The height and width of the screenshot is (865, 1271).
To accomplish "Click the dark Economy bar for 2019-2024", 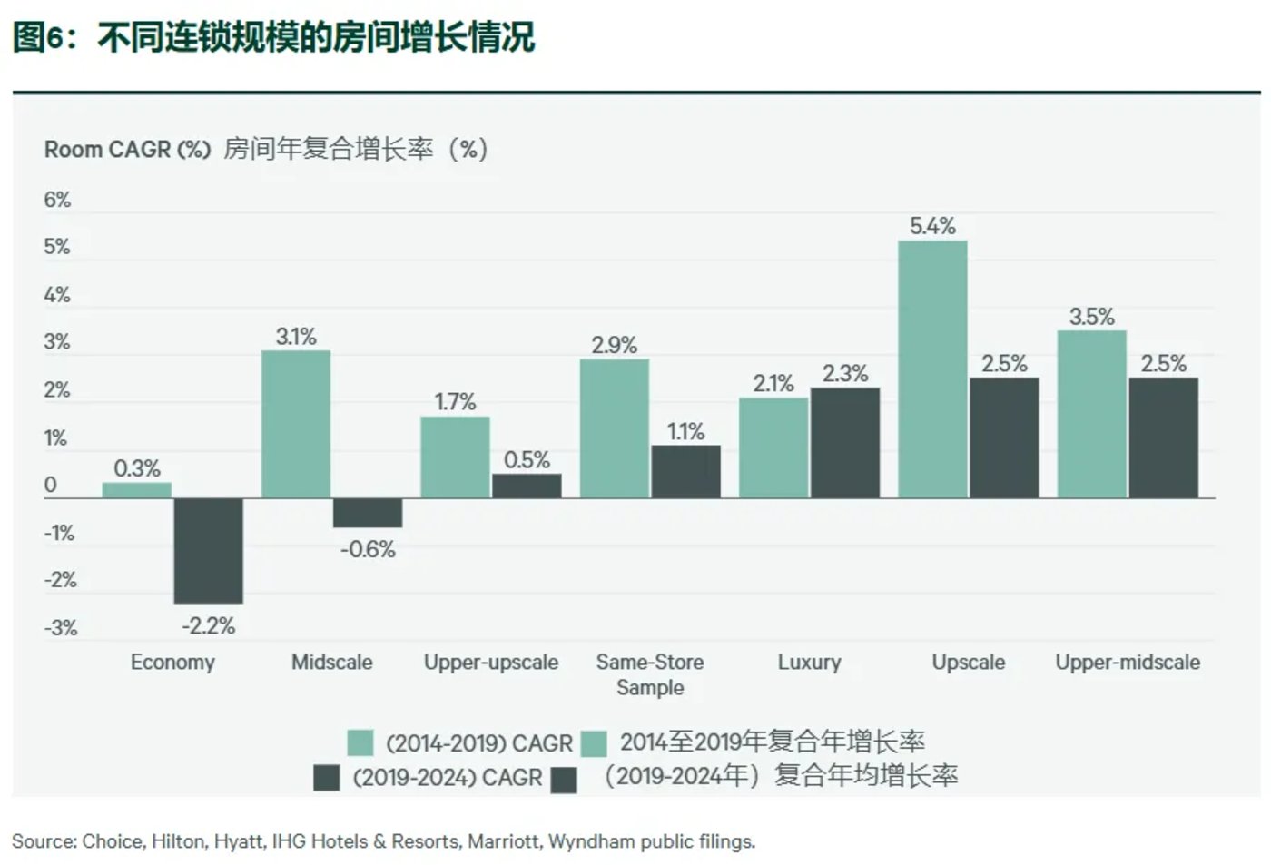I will point(208,550).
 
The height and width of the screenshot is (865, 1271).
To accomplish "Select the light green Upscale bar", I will point(932,369).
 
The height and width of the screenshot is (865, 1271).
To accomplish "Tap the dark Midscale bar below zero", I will point(367,513).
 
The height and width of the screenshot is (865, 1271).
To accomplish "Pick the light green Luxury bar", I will point(773,447).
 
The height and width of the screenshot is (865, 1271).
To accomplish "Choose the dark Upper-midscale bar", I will point(1163,437).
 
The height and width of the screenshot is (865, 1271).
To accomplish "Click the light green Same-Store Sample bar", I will point(614,428).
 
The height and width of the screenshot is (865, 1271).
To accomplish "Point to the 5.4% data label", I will point(932,226).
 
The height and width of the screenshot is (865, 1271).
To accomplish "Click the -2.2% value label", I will point(208,625).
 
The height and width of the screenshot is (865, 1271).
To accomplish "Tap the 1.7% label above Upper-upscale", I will point(455,401).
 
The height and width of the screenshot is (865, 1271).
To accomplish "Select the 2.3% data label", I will point(845,373).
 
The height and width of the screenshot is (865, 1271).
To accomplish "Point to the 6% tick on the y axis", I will point(57,200).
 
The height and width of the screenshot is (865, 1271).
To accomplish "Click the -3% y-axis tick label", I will point(61,627).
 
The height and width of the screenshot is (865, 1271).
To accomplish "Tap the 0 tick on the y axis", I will point(51,485).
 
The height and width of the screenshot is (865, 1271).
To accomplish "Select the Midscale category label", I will point(331,662).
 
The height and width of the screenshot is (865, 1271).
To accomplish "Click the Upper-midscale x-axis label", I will point(1127,662).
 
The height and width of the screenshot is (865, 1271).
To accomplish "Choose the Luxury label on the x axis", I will point(809,662).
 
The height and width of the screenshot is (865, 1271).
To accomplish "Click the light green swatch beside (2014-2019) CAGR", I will point(360,743).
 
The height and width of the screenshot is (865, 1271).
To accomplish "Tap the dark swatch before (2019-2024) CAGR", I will point(326,778).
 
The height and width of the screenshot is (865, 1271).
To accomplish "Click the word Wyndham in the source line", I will point(592,841).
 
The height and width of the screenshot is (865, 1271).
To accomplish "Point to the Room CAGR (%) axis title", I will point(127,149).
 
